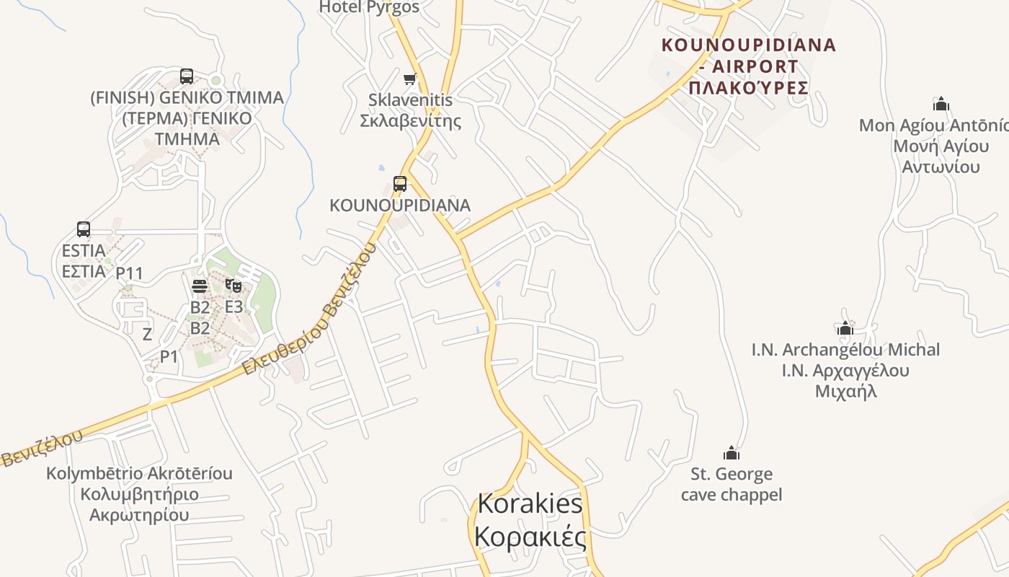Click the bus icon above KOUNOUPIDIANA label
pos(400,184)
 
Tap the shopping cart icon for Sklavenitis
pos(410,79)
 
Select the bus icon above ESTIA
pos(84,229)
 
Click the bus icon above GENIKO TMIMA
pos(187,76)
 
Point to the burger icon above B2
pos(200,286)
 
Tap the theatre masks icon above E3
pos(233,286)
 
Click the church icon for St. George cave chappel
pos(732,453)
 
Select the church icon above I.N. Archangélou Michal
pos(845,328)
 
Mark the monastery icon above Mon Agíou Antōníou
pos(941,104)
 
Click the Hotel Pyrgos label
pos(369,7)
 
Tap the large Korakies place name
pos(530,503)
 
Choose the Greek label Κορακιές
pos(530,537)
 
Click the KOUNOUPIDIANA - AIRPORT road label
pos(749,56)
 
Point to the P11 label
pos(130,273)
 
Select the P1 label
pos(169,356)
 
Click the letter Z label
pos(147,334)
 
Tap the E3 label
pos(234,307)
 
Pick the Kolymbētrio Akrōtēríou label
pos(139,474)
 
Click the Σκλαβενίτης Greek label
pos(410,120)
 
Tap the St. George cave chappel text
pos(732,484)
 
